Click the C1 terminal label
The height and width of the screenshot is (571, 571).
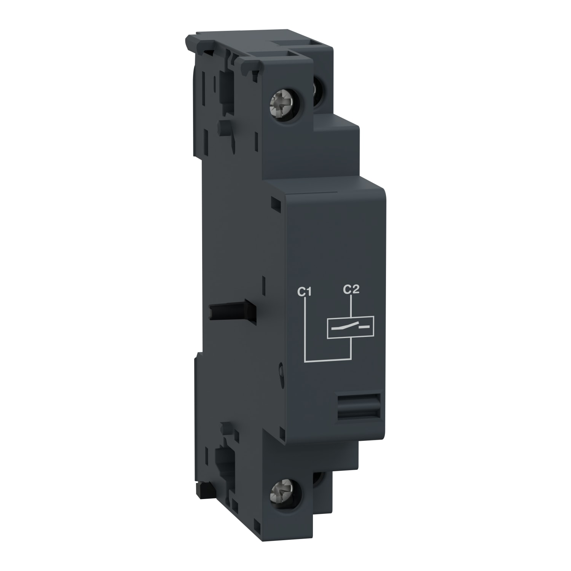(305, 292)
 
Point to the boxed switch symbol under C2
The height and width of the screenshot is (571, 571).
(351, 327)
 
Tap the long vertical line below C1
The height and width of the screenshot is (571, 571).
(306, 327)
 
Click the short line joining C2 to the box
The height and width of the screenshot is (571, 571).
(351, 306)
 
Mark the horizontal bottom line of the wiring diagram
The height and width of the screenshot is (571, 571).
(327, 359)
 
